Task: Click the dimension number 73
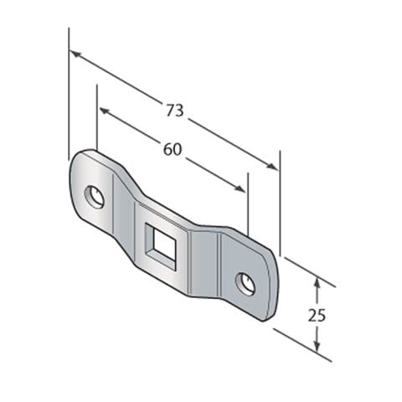(x=173, y=110)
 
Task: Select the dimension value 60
(x=172, y=149)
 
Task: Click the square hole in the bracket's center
(x=161, y=245)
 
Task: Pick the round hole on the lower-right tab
(x=245, y=284)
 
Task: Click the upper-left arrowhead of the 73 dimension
(x=74, y=54)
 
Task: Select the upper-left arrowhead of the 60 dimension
(x=103, y=111)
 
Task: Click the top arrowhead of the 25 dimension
(x=317, y=283)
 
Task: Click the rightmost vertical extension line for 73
(x=280, y=201)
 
